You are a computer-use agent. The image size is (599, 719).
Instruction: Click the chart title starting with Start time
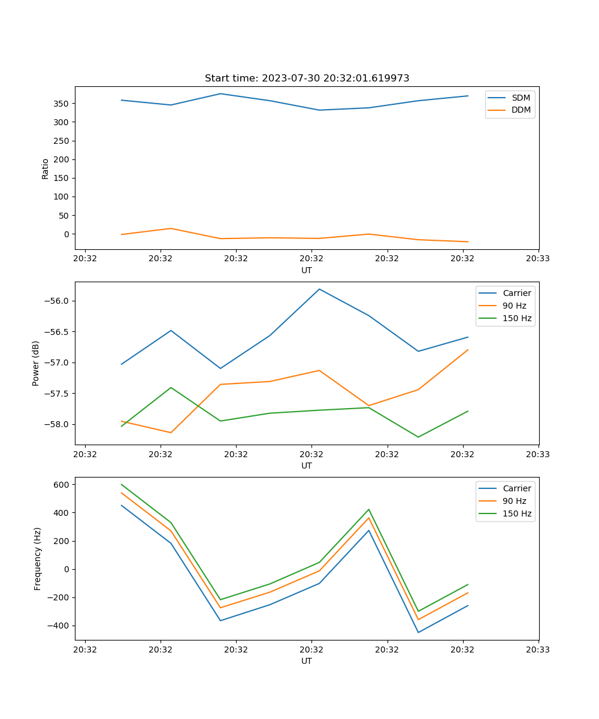[x=307, y=78]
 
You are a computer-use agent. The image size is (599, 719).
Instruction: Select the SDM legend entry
[x=521, y=98]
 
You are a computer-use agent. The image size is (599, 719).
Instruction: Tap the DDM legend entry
[x=521, y=110]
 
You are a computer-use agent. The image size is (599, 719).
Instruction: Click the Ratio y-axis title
[x=46, y=168]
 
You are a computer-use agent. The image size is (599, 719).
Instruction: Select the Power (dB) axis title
[x=37, y=363]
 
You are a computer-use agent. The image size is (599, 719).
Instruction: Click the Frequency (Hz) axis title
[x=38, y=558]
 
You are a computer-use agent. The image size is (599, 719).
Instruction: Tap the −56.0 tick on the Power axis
[x=59, y=301]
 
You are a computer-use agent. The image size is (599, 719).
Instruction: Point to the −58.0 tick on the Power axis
[x=59, y=425]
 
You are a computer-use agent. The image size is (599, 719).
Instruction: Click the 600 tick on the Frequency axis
[x=64, y=485]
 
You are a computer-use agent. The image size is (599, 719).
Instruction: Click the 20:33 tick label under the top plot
[x=538, y=259]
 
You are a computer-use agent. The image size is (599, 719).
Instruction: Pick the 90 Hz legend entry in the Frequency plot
[x=515, y=501]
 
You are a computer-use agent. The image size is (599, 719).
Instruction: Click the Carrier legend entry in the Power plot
[x=516, y=293]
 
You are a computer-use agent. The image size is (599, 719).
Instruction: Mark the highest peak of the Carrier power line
[x=319, y=289]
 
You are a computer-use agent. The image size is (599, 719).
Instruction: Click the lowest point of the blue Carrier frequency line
[x=418, y=632]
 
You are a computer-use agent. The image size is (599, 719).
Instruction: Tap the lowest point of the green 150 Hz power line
[x=418, y=437]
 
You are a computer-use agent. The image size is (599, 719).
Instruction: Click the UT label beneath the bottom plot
[x=307, y=661]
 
